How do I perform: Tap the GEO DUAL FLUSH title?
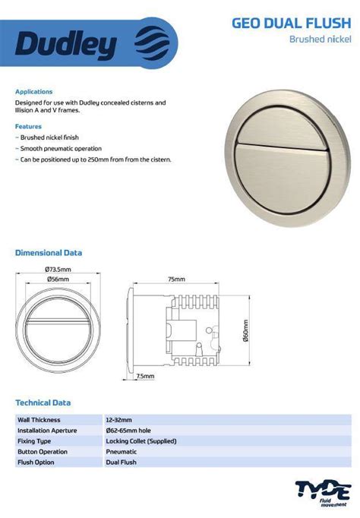(292, 24)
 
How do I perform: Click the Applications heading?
(34, 91)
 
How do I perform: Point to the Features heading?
(29, 126)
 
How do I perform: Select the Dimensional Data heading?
(49, 252)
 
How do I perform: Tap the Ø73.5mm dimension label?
(58, 269)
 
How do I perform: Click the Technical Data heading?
(43, 403)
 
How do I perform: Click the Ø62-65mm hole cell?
(128, 430)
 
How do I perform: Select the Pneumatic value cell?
(122, 451)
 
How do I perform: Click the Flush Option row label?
(36, 462)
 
